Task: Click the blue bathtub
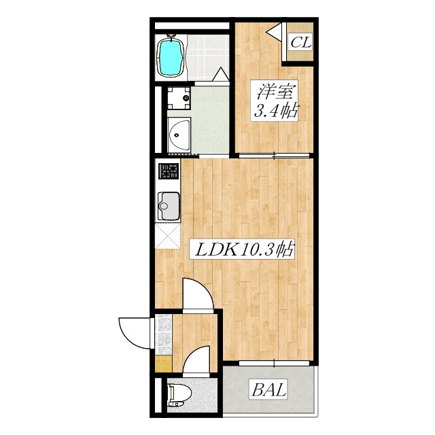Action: [170, 57]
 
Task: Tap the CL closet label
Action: [300, 42]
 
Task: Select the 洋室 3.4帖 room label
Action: [274, 101]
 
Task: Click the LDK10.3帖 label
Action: [242, 249]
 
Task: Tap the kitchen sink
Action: [169, 206]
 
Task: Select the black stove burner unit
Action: [169, 171]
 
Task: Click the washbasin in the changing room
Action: [179, 135]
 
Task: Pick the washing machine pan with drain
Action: [179, 98]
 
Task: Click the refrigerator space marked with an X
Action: [168, 237]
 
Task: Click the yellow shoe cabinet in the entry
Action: [164, 364]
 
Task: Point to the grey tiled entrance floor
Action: [164, 334]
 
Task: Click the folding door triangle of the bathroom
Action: [221, 74]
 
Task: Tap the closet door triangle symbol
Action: [274, 32]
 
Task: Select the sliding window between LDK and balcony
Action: [274, 363]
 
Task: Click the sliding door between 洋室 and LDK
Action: [274, 156]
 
